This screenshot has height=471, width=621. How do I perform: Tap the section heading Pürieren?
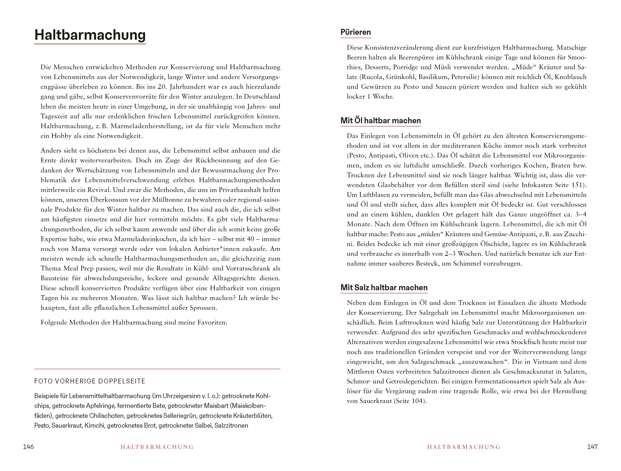[x=355, y=32]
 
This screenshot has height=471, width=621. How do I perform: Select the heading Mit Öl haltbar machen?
[x=380, y=121]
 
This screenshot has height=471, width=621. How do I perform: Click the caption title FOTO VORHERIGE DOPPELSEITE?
[x=90, y=381]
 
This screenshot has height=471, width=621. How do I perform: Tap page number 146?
[x=28, y=447]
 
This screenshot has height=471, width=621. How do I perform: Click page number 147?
[x=592, y=447]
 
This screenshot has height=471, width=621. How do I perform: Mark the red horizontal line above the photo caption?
[x=157, y=369]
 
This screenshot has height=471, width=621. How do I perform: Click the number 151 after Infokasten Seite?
[x=577, y=185]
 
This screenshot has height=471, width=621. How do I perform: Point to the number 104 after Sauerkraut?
[x=417, y=401]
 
